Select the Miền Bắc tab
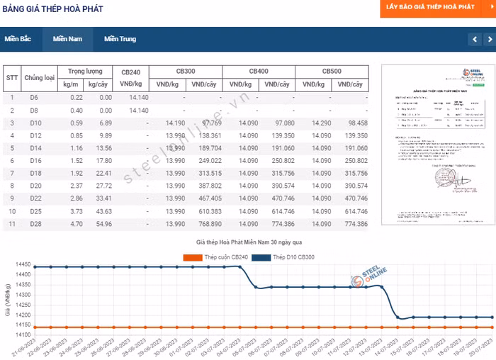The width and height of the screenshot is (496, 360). (18, 39)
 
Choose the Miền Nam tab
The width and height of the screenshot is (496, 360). (67, 39)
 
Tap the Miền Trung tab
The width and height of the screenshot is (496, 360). (120, 39)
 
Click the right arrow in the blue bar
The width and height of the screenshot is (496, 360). (488, 40)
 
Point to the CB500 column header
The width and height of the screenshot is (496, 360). (332, 72)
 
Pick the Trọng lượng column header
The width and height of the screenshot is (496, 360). (86, 72)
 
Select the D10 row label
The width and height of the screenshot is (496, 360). (35, 123)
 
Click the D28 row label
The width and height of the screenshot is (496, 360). (35, 224)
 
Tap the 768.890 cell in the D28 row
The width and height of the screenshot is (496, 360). (206, 224)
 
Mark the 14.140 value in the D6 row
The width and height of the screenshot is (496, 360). (138, 98)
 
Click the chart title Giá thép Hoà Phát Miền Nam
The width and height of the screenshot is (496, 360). (241, 242)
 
